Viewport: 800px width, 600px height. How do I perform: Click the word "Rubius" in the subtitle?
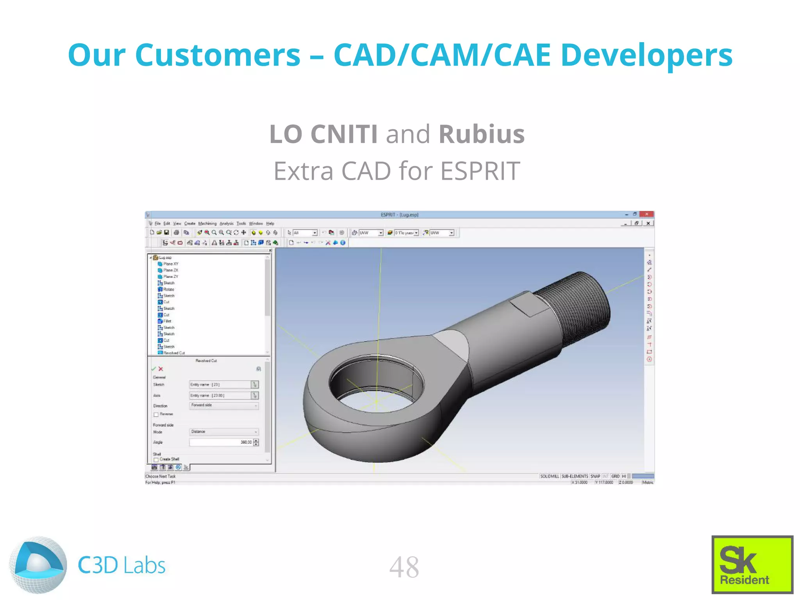click(481, 134)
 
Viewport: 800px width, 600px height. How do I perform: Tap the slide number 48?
click(404, 567)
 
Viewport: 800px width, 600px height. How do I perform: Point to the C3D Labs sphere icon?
click(38, 565)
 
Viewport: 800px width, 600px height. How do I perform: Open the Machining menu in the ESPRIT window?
click(207, 223)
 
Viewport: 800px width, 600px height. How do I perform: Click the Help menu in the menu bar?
click(270, 223)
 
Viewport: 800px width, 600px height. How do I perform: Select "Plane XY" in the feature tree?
click(170, 264)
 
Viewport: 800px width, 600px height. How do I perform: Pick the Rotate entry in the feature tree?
click(168, 289)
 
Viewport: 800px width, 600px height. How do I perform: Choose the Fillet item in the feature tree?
click(167, 321)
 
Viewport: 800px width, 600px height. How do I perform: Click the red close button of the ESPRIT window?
click(647, 214)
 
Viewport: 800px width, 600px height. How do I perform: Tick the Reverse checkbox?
click(156, 414)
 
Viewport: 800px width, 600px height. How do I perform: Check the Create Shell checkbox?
click(156, 460)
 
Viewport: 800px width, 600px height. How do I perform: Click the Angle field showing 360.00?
click(221, 442)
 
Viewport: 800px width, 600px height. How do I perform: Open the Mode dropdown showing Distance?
click(224, 432)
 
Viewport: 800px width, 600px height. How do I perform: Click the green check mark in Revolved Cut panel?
click(154, 369)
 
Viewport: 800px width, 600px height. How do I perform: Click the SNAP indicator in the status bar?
click(595, 476)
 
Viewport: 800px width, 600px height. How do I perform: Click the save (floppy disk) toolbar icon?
click(166, 232)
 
